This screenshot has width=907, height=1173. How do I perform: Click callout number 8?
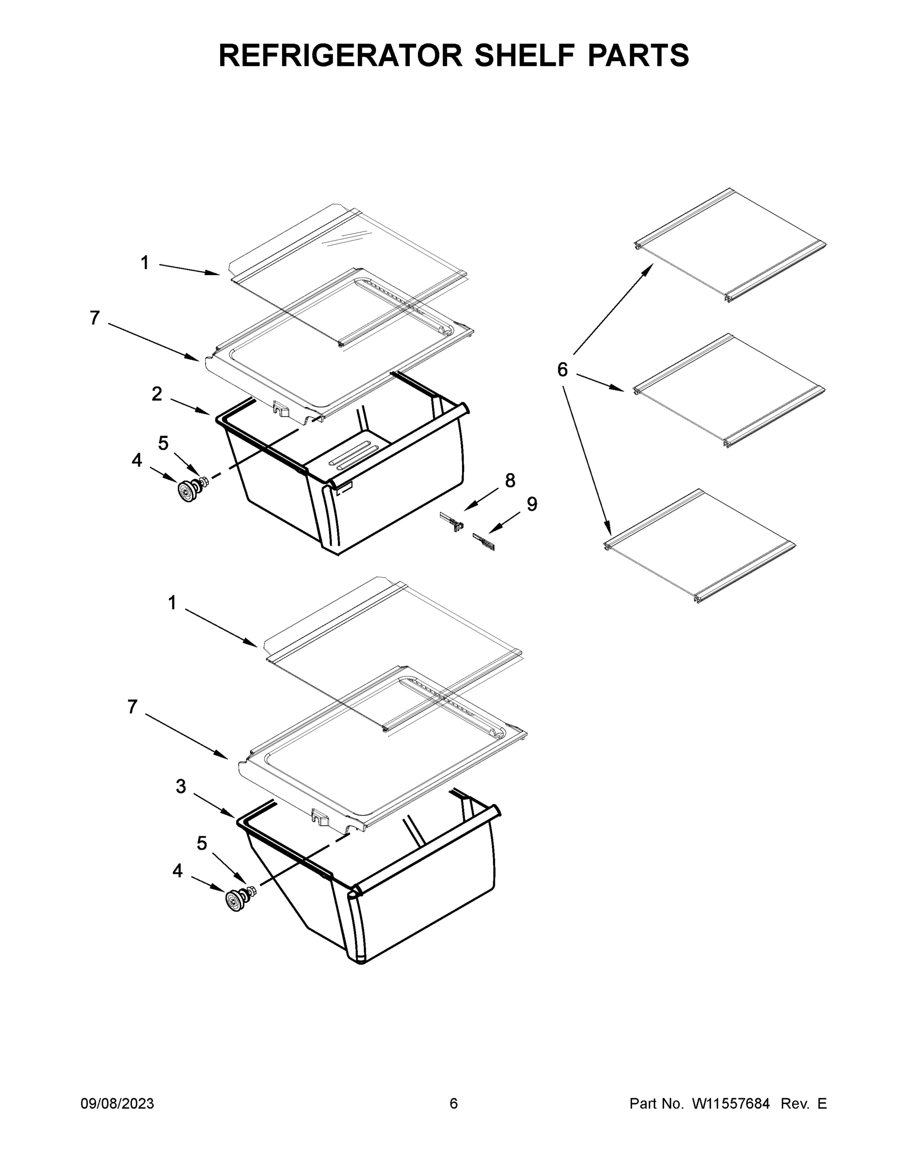pos(510,480)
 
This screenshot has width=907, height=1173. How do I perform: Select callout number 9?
pos(531,504)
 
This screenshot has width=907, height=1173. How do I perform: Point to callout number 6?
pos(562,369)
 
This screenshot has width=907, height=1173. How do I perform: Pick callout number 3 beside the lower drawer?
pos(181,786)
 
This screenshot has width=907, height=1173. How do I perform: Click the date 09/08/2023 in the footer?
pos(117,1104)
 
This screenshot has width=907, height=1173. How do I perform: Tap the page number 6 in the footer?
pos(454,1104)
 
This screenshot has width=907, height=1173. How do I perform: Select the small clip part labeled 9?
pos(484,543)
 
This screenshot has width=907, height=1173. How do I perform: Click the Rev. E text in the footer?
pos(803,1104)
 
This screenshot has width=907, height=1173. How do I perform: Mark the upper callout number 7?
pos(94,318)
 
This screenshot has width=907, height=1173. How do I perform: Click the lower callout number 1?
pos(172,603)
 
